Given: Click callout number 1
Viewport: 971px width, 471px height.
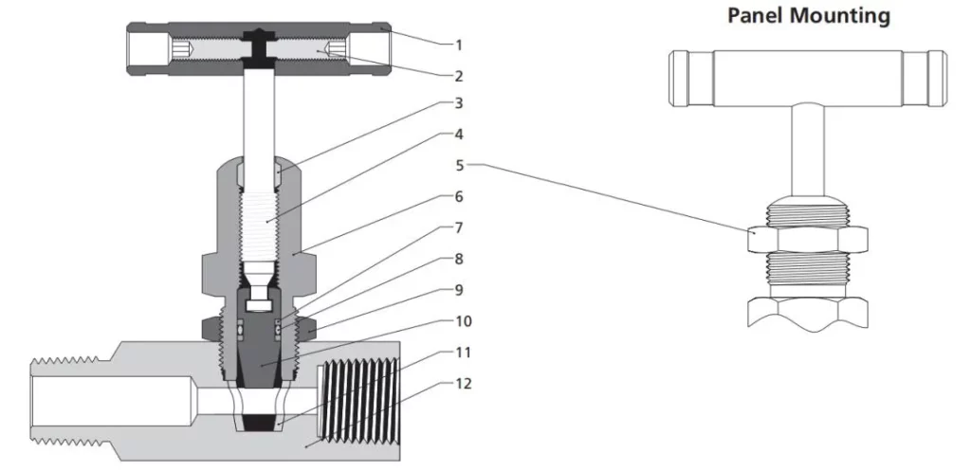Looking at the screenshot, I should coord(458,44).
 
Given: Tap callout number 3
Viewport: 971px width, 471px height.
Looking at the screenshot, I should coord(458,103).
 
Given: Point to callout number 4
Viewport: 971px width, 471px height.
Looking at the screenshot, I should coord(458,134).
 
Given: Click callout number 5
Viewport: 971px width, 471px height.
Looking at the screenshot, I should coord(458,165).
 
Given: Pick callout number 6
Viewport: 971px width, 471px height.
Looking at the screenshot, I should coord(458,197).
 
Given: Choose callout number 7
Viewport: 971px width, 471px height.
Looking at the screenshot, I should coord(458,228).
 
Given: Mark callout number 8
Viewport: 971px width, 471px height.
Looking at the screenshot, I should coord(458,259).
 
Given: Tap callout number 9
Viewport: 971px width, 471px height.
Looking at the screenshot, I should coord(458,289).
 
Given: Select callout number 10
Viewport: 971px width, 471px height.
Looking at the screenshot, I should coord(462,321).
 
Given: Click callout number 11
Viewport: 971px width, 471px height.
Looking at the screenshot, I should coord(462,353).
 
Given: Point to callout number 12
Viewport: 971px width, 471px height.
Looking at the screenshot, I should coord(462,384).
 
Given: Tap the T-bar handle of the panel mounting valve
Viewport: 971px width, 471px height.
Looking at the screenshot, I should coord(805,76).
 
